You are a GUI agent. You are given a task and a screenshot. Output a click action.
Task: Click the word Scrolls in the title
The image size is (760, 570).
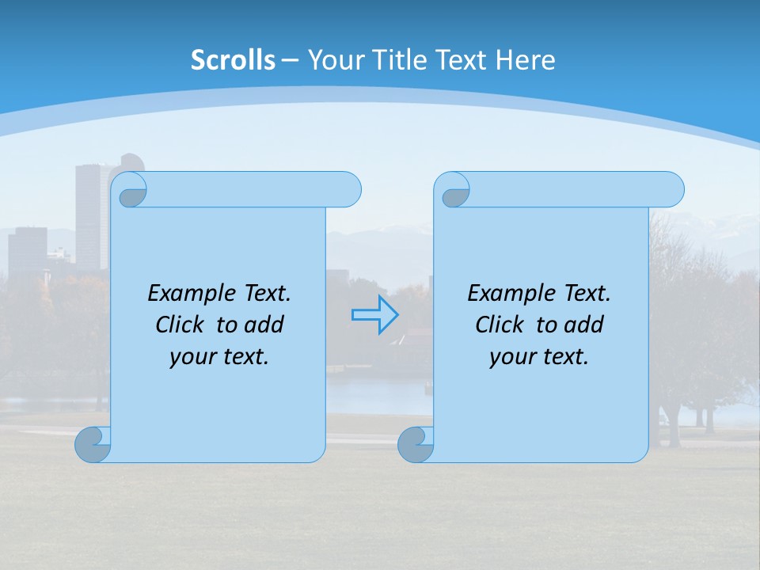(x=233, y=60)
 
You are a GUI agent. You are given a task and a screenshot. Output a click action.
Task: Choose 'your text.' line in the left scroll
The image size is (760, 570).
(x=219, y=356)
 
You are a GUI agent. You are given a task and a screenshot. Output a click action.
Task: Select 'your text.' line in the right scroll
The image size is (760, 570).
(x=539, y=356)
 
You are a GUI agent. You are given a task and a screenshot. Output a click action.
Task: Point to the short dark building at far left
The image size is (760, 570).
(x=28, y=249)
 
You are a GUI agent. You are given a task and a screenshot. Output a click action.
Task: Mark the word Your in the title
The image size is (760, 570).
(x=332, y=60)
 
